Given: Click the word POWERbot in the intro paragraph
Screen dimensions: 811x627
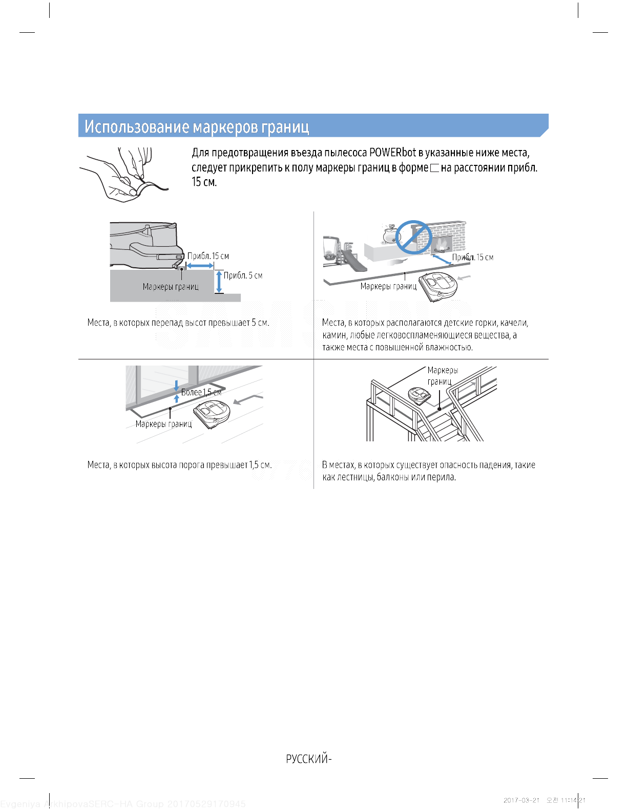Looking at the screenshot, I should click(x=392, y=153).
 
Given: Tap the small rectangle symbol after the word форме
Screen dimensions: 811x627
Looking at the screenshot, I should click(x=435, y=168).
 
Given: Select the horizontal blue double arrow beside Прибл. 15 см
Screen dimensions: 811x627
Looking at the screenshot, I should click(x=200, y=266).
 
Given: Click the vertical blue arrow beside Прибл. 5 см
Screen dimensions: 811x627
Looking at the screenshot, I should click(x=219, y=282).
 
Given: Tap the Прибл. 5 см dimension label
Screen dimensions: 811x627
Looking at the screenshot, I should click(x=243, y=275).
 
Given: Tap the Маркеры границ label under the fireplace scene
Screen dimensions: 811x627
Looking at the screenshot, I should click(x=388, y=286).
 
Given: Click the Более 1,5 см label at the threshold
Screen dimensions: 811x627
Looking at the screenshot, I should click(x=201, y=392).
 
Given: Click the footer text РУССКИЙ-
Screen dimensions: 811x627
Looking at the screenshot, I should click(x=308, y=759).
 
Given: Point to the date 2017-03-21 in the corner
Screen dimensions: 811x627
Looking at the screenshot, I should click(x=521, y=800).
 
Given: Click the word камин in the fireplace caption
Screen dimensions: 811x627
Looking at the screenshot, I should click(x=334, y=335).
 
